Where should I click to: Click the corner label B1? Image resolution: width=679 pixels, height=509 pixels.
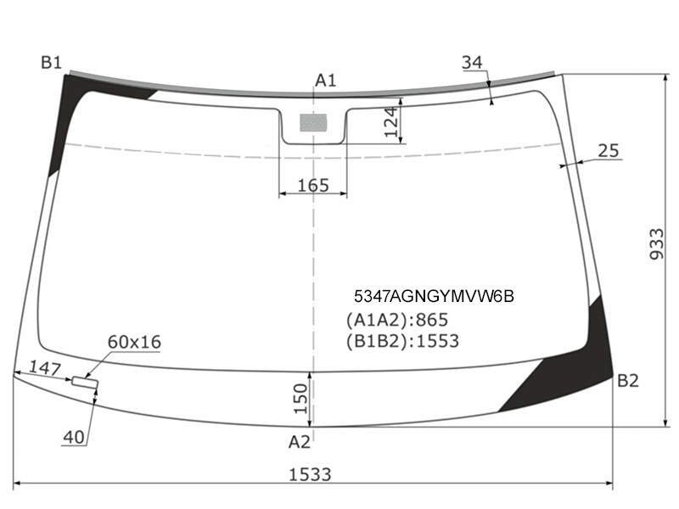click(x=52, y=63)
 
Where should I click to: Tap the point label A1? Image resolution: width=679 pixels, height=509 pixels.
click(x=325, y=81)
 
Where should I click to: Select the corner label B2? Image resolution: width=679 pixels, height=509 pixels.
click(x=627, y=381)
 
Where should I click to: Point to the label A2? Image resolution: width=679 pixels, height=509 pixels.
click(x=300, y=442)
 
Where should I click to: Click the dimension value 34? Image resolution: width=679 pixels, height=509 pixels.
click(x=472, y=63)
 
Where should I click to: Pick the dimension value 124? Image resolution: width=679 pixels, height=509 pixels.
click(x=391, y=121)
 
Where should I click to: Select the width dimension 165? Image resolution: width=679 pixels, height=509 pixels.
click(x=313, y=186)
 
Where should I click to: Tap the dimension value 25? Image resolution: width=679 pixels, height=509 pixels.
click(x=609, y=151)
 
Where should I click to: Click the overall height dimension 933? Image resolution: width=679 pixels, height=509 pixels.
click(x=656, y=244)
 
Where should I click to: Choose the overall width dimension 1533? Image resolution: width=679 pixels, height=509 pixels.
click(x=310, y=475)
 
